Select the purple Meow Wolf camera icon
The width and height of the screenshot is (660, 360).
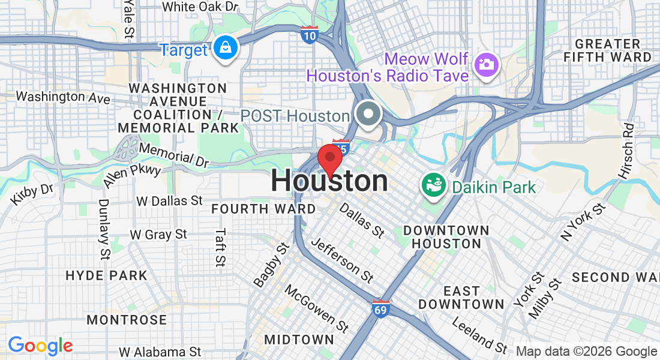(x=487, y=64)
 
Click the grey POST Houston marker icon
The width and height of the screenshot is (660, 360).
(x=368, y=114)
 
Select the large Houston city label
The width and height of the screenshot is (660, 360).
(x=329, y=181)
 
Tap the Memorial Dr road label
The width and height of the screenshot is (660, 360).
(x=173, y=154)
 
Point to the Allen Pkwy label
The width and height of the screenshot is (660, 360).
(x=132, y=172)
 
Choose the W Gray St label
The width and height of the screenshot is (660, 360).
(x=158, y=235)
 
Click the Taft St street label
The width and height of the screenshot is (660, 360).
(x=221, y=247)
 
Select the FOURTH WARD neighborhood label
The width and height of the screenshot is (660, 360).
(x=263, y=209)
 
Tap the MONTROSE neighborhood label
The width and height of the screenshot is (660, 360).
(x=127, y=320)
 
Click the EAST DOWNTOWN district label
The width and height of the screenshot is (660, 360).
(x=461, y=298)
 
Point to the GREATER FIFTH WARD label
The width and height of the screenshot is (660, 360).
(x=607, y=51)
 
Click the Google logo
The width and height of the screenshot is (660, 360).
(x=40, y=346)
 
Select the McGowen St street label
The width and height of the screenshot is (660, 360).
(x=316, y=309)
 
